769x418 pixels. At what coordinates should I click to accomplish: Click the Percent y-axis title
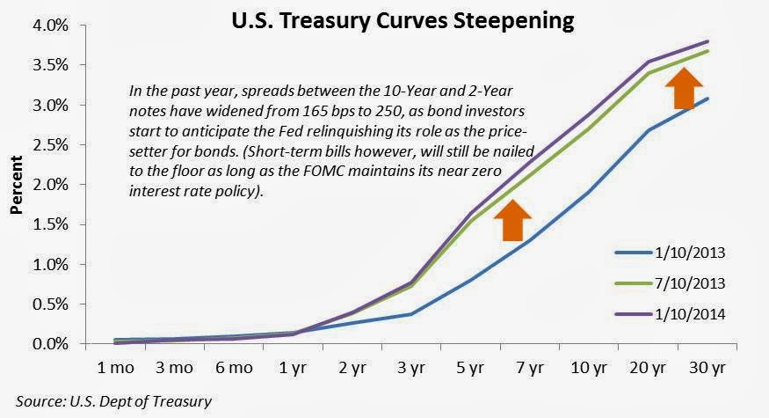pos(17,186)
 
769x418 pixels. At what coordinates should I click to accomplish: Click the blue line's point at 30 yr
pos(708,99)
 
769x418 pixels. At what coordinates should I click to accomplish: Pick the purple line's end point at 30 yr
pos(708,41)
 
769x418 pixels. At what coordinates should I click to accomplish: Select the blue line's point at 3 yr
pos(409,314)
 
